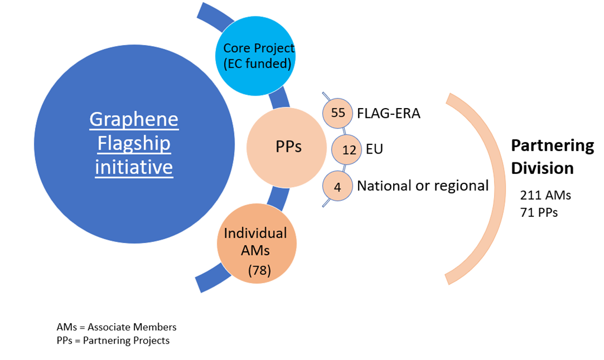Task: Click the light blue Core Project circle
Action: click(256, 56)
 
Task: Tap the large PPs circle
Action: click(287, 148)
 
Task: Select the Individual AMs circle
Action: click(257, 244)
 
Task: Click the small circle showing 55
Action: click(338, 113)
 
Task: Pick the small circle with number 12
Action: click(346, 149)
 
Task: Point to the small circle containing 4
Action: click(338, 187)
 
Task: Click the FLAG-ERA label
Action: click(389, 113)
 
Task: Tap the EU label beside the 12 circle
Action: click(374, 149)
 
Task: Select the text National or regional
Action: click(423, 185)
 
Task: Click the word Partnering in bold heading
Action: click(552, 145)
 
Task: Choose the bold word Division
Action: click(543, 168)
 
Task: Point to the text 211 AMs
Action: click(545, 195)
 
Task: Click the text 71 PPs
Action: click(539, 212)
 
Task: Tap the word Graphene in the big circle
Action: click(134, 119)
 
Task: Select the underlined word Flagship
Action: click(134, 143)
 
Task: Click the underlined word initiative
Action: click(134, 167)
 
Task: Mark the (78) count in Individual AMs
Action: click(260, 271)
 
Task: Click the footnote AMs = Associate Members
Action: click(116, 327)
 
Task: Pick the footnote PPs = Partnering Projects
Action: click(113, 340)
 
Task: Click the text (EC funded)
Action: click(258, 64)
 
